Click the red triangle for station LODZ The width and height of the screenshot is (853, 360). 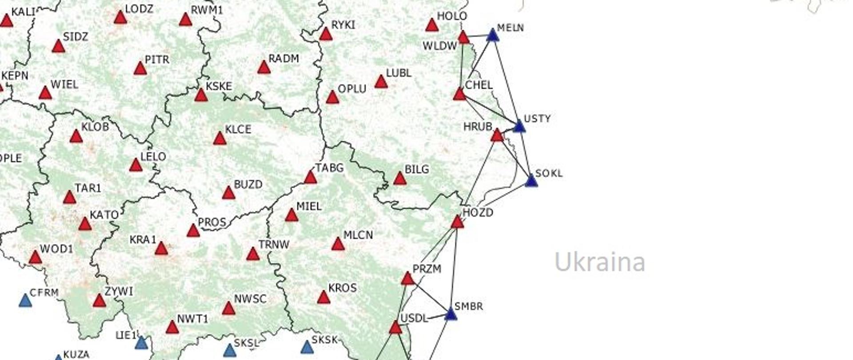coord(120,18)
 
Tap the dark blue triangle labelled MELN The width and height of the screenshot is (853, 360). coord(492,35)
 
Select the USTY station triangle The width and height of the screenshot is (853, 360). coord(519,127)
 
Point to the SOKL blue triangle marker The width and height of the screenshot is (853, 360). coord(531,181)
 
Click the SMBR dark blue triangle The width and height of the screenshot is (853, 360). coord(450,314)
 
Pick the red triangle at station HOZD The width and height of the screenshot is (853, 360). coord(457,222)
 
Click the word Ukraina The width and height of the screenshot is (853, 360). coord(600,262)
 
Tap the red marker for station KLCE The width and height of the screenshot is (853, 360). coord(219,139)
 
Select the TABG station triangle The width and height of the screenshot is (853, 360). coord(310,178)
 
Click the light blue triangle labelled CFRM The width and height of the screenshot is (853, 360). coord(26,301)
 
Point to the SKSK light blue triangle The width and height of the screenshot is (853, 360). coord(307,347)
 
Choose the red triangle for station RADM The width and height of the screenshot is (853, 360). coord(264,68)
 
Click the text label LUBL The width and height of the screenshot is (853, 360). coord(399,73)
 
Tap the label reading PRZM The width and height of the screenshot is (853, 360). coord(426,269)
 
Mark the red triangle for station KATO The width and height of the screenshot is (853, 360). coord(85,224)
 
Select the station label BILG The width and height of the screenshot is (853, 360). coord(417,169)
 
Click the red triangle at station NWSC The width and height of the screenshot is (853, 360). coord(228,308)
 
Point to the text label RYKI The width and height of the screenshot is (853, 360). coord(343,25)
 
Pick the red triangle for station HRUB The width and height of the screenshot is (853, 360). coord(497,135)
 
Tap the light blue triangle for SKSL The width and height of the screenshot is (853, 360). coord(229,351)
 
